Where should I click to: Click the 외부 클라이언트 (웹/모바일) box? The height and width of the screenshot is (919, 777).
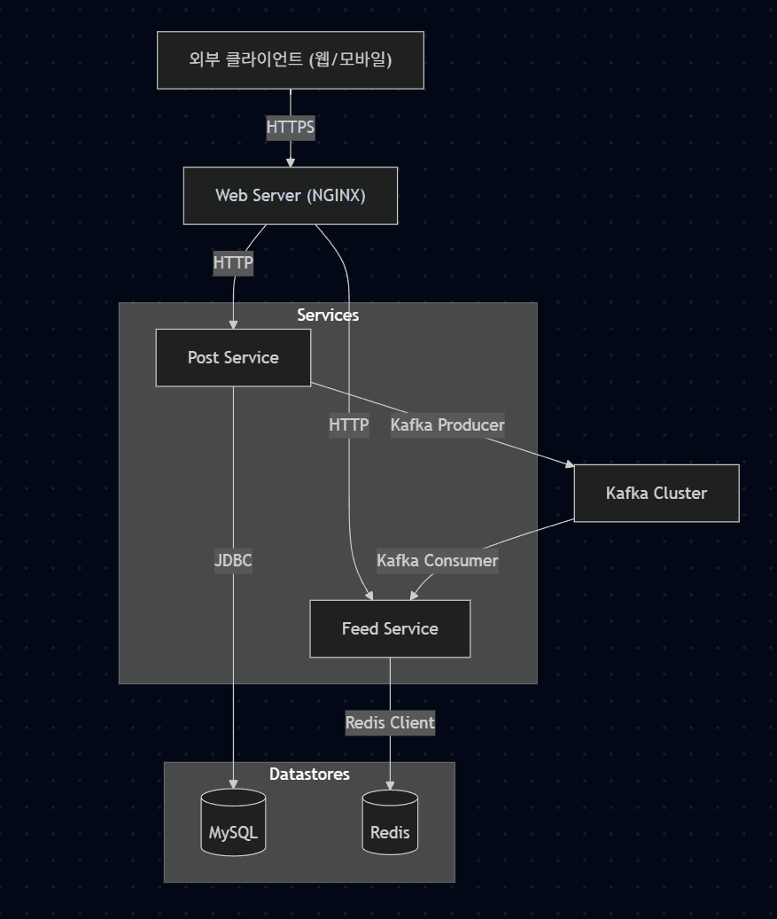[291, 60]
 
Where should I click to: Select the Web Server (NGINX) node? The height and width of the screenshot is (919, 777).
[291, 196]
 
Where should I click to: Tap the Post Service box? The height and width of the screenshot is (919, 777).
[233, 358]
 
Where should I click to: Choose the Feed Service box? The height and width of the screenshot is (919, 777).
[390, 629]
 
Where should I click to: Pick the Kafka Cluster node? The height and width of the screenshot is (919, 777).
[657, 494]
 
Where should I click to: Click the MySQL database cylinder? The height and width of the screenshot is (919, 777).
[233, 823]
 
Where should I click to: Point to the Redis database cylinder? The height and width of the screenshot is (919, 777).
[390, 823]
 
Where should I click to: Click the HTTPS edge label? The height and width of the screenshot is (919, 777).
[291, 128]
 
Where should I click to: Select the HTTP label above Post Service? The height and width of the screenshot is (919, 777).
[233, 263]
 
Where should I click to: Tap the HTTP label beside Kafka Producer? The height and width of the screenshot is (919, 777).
[348, 425]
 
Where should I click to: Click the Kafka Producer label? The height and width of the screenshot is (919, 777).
[447, 425]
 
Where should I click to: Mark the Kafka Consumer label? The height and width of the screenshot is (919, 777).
[437, 561]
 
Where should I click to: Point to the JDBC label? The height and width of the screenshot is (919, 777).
[233, 561]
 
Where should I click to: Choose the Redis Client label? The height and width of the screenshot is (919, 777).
[390, 723]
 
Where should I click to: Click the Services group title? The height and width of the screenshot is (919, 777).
[328, 315]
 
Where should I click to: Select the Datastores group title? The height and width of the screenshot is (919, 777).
[309, 775]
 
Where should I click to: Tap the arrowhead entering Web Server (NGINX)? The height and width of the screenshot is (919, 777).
[291, 162]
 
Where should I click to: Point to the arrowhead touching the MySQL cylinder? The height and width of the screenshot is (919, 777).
[233, 783]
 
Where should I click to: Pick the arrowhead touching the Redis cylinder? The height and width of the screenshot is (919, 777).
[390, 784]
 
